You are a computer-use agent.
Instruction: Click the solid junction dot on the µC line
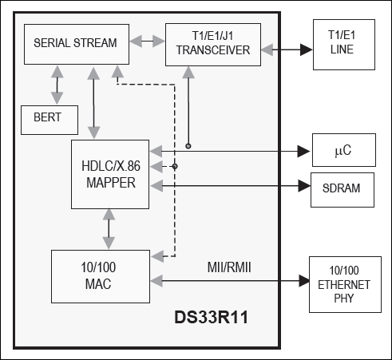point(188,146)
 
